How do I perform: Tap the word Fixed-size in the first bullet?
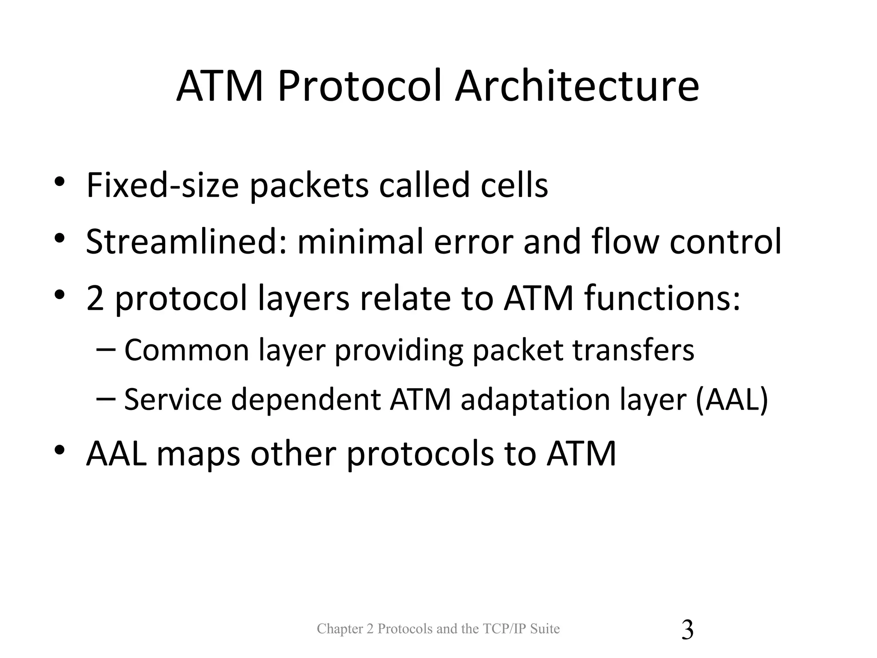click(x=162, y=185)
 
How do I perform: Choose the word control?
click(x=725, y=242)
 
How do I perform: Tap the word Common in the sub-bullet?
click(x=187, y=350)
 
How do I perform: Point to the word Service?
click(x=173, y=399)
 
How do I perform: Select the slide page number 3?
click(x=687, y=630)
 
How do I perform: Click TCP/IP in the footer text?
click(x=505, y=629)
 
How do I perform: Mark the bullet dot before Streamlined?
click(x=60, y=237)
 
